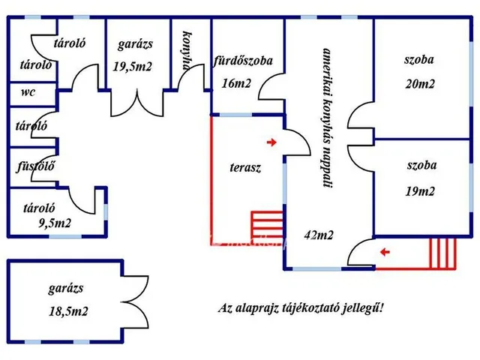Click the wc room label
(28, 94)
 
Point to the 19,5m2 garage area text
(133, 67)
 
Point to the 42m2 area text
(319, 235)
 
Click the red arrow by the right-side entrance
(384, 252)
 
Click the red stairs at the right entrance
(442, 253)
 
